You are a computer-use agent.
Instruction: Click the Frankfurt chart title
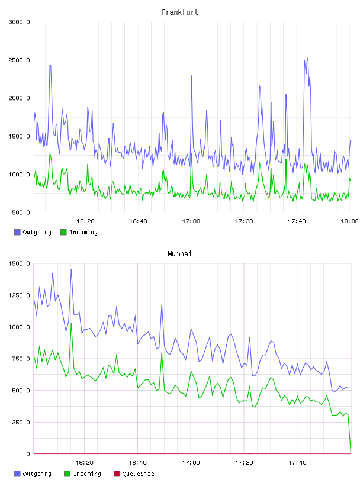coord(180,12)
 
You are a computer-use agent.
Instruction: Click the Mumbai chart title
coord(179,253)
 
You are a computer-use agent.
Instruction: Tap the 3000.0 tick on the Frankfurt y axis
coord(19,22)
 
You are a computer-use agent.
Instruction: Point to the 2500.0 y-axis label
coord(19,60)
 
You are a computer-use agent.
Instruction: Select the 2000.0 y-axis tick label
coord(19,98)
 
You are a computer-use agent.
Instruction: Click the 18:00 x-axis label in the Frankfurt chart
coord(349,221)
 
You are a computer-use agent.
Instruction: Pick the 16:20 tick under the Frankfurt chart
coord(85,221)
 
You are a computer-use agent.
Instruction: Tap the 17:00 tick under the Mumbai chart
coord(191,462)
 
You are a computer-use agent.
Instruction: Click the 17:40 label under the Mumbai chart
coord(297,462)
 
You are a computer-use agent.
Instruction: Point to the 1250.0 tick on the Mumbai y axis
coord(19,295)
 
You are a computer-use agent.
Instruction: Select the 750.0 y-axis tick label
coord(21,359)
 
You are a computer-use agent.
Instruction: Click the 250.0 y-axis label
coord(21,422)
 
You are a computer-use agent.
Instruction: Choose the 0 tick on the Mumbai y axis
coord(28,454)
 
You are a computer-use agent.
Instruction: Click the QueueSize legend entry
coord(134,474)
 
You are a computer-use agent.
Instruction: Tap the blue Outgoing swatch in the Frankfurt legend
coord(17,232)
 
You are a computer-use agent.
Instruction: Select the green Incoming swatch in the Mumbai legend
coord(67,474)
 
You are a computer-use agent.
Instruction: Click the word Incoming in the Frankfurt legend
coord(83,232)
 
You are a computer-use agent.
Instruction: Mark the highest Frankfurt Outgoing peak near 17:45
coord(307,57)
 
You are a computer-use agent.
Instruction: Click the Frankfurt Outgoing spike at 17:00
coord(192,76)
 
